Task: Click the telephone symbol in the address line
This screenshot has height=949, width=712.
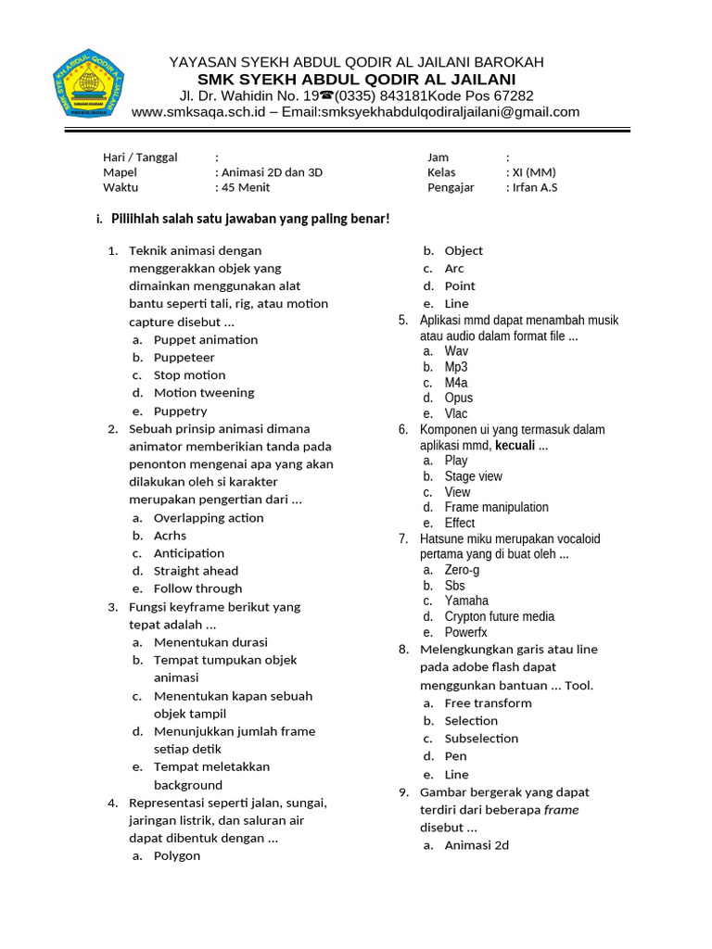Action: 326,95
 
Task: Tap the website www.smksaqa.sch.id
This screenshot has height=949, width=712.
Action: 198,112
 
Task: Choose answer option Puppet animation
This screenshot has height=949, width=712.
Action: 206,339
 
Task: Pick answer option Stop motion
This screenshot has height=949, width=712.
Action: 189,375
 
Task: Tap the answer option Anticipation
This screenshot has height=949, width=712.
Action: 189,553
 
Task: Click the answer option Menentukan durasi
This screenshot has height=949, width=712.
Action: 210,642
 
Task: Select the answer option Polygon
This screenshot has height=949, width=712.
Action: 177,855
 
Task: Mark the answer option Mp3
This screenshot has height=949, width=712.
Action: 456,367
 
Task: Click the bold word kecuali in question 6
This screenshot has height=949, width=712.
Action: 515,446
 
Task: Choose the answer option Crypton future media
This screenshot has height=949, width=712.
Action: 499,616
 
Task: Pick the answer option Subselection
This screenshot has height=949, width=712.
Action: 481,739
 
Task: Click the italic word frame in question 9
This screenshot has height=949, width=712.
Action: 562,810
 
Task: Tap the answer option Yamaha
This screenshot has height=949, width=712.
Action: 466,601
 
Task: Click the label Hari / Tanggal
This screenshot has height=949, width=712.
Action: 140,158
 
